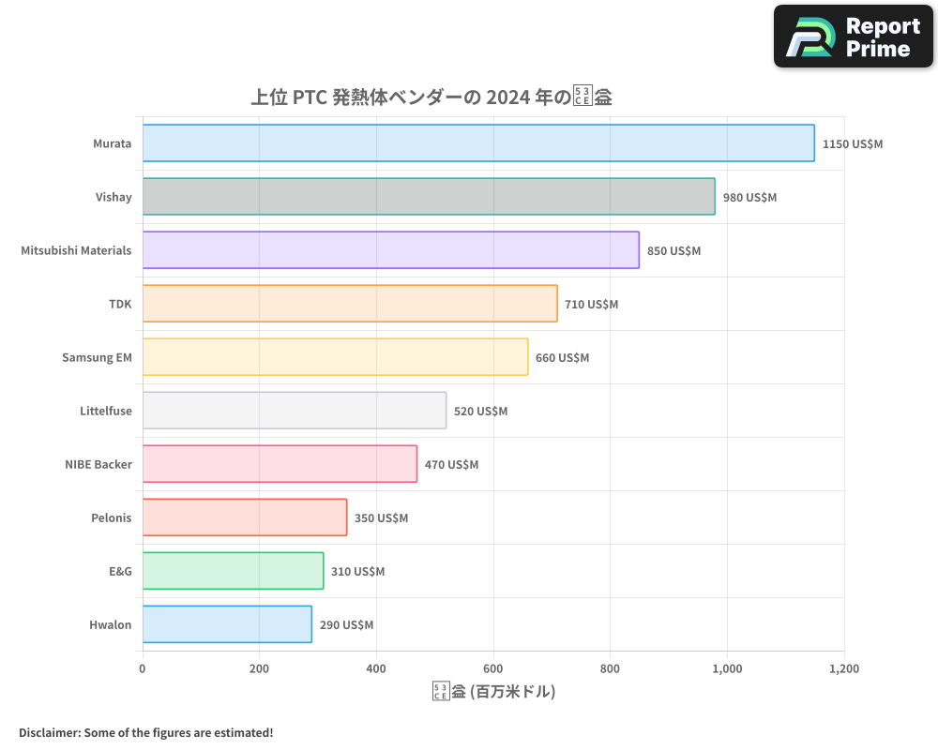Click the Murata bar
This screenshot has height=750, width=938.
(x=478, y=143)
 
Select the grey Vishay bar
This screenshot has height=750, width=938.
(x=429, y=197)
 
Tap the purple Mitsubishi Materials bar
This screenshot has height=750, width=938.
(x=390, y=250)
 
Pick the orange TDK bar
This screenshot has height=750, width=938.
(x=350, y=304)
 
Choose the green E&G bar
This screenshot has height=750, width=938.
(x=233, y=571)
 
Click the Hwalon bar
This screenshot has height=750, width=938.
(x=227, y=624)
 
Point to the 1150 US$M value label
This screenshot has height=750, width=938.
(x=853, y=144)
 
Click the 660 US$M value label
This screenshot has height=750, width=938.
(x=562, y=358)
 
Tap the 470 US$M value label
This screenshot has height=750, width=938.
(x=451, y=465)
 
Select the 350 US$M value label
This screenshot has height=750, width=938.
(x=381, y=518)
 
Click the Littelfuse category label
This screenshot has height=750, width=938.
(x=106, y=411)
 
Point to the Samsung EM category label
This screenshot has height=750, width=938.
(x=97, y=357)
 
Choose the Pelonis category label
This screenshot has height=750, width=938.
(x=112, y=517)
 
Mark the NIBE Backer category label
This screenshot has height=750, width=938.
(x=98, y=464)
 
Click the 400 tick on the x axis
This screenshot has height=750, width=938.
(x=376, y=669)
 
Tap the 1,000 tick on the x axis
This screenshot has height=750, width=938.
(x=727, y=669)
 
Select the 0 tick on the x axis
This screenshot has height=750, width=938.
(x=143, y=669)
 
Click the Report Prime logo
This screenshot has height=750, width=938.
(x=853, y=37)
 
